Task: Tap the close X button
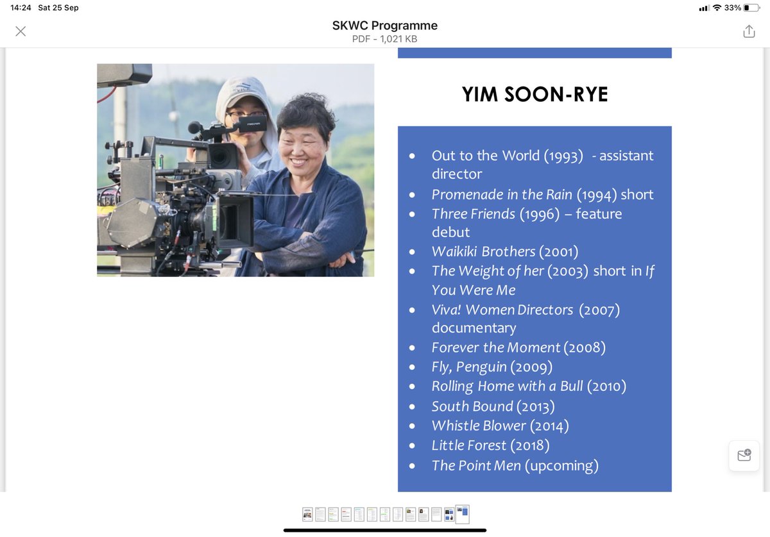point(21,31)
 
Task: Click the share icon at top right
point(749,31)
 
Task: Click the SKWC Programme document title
point(384,26)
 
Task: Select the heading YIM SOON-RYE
point(535,95)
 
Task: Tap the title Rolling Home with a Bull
point(507,386)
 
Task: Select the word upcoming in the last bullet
point(561,466)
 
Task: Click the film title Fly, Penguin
point(469,367)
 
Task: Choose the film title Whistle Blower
point(479,426)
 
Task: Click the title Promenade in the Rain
point(502,195)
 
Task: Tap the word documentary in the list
point(474,328)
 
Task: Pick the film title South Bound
point(472,406)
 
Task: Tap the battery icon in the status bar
point(751,8)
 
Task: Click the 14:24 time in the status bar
point(21,8)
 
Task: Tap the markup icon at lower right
point(744,456)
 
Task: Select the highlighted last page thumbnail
point(462,514)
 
